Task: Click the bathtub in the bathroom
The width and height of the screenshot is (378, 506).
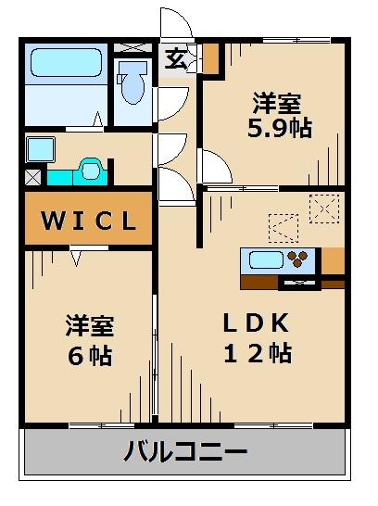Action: tap(66, 63)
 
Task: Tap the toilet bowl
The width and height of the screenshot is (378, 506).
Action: tap(132, 83)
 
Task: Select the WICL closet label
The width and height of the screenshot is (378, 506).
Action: tap(88, 221)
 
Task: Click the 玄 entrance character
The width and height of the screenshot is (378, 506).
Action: tap(176, 58)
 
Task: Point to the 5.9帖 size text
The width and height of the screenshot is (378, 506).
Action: tap(279, 128)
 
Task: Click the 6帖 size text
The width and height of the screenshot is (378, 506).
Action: tap(90, 356)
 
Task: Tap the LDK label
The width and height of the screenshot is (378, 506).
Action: tap(256, 323)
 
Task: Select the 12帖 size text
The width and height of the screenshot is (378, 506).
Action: tap(258, 353)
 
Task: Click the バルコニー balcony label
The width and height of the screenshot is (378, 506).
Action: tap(186, 450)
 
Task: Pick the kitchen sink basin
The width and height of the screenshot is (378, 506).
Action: tap(266, 260)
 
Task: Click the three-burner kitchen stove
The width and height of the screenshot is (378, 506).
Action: tap(297, 259)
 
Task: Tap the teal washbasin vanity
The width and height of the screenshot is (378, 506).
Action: tap(78, 172)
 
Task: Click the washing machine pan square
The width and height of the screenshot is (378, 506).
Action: tap(41, 149)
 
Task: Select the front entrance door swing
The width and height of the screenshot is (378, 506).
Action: tap(176, 22)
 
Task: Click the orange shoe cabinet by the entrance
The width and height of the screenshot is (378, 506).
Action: tap(211, 57)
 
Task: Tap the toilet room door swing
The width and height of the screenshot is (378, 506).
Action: tap(171, 104)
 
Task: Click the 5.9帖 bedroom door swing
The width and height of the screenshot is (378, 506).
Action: tap(215, 167)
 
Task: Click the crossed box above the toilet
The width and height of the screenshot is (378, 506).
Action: tap(132, 47)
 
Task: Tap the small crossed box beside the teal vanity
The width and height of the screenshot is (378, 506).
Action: tap(33, 178)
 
